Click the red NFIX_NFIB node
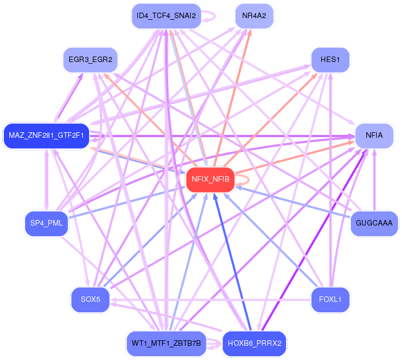point(210,179)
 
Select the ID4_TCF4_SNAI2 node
point(166,16)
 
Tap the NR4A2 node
point(254,16)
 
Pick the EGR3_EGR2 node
point(90,60)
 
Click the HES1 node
point(330,60)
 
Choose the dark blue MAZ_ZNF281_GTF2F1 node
point(46,136)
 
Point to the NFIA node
point(374,136)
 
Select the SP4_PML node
point(46,223)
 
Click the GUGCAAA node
point(374,223)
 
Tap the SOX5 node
point(90,300)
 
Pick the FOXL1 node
point(330,300)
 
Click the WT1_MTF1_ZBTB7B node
point(166,344)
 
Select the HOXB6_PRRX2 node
point(254,344)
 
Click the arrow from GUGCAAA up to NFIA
point(375,180)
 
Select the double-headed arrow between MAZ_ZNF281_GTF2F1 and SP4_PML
point(46,180)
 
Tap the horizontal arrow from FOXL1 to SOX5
point(210,300)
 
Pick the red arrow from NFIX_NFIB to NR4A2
point(232,98)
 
